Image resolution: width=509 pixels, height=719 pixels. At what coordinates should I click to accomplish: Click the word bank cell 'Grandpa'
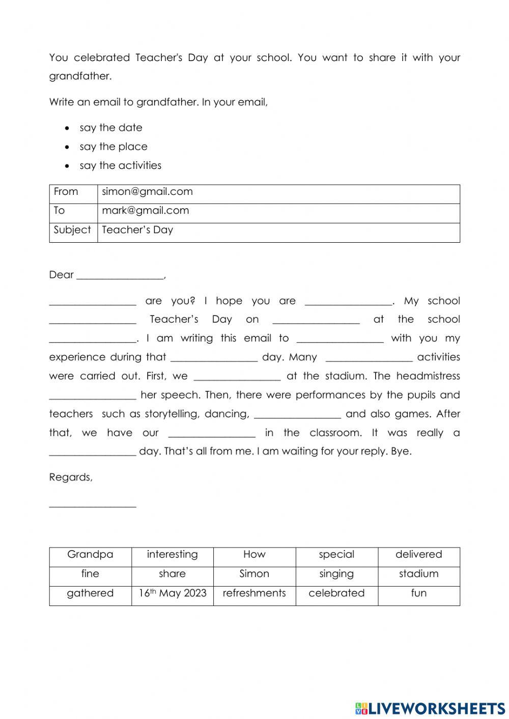point(90,555)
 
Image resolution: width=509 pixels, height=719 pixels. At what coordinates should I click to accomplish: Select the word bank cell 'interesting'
point(172,555)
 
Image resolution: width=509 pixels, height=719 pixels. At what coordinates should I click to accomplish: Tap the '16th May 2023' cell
point(172,593)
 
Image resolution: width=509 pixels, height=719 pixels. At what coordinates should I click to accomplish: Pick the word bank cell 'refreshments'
point(254,593)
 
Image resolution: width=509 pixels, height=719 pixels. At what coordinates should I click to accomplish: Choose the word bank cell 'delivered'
point(418,555)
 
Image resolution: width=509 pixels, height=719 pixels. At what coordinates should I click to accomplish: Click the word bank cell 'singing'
point(336,574)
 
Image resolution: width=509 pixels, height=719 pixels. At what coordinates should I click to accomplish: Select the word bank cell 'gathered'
point(90,593)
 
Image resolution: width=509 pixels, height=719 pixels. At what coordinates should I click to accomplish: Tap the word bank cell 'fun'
point(418,593)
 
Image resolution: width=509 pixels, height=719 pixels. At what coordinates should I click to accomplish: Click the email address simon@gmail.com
point(147,192)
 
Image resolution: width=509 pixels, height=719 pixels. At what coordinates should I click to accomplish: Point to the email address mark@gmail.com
point(145,211)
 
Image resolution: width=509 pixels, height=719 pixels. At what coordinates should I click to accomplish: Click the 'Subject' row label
point(72,230)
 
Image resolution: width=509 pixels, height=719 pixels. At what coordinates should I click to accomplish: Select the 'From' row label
point(66,192)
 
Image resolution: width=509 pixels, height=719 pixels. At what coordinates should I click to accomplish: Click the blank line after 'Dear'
point(120,276)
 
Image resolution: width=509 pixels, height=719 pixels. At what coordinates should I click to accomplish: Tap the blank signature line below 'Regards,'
point(93,504)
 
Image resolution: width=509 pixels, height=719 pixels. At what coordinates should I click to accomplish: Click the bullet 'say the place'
point(113,147)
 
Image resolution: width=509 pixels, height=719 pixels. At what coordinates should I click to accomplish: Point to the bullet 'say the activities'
point(120,165)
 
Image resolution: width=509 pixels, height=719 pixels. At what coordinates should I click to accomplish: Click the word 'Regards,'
point(71,477)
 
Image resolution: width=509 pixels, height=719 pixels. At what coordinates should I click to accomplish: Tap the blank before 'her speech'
point(93,396)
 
